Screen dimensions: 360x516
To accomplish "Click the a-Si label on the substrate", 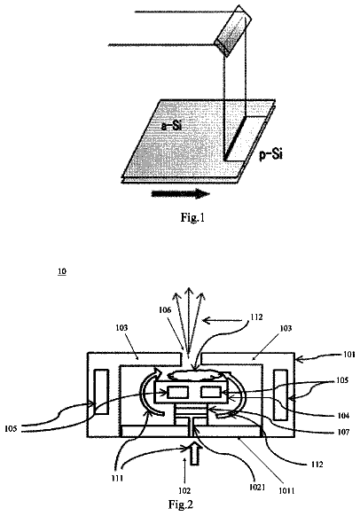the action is (171, 126).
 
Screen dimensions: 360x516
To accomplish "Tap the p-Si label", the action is (270, 153).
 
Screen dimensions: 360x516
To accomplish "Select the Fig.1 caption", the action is (192, 217).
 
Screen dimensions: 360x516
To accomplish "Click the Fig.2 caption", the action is (181, 504).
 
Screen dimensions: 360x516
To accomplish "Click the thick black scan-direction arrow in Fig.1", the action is (180, 193).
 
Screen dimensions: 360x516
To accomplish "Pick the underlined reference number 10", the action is (62, 271).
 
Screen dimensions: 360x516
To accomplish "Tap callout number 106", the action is (165, 310).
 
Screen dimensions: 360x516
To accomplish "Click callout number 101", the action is (348, 355).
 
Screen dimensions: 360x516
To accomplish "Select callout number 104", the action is (343, 416).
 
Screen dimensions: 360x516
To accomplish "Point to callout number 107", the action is (343, 432).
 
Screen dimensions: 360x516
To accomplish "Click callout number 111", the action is (117, 478).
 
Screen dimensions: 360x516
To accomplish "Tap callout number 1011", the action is (286, 491).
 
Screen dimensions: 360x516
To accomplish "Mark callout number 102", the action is (184, 490).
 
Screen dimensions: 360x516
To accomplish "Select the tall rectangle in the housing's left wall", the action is (101, 392).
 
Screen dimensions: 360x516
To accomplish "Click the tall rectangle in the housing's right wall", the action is (281, 395).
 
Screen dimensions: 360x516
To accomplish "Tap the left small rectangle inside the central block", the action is (177, 392).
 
